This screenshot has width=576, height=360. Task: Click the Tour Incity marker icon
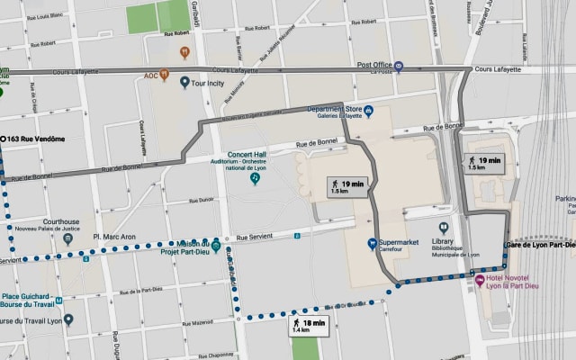(185, 83)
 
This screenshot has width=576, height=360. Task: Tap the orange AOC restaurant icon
(165, 76)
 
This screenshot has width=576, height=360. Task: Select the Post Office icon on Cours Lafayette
(400, 66)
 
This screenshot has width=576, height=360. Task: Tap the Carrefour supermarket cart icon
(371, 244)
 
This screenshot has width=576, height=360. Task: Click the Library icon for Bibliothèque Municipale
(444, 229)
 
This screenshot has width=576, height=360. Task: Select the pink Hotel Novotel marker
(480, 280)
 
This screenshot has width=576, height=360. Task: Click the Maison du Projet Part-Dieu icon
(216, 244)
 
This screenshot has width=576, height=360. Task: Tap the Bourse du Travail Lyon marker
(68, 320)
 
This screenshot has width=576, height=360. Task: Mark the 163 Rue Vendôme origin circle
(4, 139)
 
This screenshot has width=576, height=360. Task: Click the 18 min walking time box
(307, 326)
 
